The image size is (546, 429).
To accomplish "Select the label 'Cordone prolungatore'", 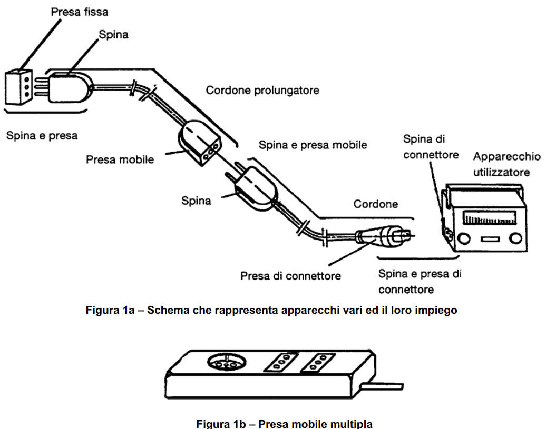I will coord(262,91).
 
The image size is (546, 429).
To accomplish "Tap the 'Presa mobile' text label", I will coord(120,159).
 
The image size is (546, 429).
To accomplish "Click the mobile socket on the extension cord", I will coord(201,143).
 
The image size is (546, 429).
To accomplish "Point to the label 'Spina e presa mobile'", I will coord(313,145).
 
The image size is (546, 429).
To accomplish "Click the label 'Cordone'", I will coord(376,204).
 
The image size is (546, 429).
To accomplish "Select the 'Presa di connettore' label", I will coord(290,275).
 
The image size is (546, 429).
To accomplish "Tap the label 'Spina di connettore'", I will coord(431,147).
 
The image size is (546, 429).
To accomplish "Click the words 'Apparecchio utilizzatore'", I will coord(506,164).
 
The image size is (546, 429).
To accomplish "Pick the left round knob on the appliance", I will coord(464,240).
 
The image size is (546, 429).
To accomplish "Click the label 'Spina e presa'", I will coord(42,135).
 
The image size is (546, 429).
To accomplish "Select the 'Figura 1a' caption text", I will coord(271,310).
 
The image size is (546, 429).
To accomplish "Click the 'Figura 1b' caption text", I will coord(284,424).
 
